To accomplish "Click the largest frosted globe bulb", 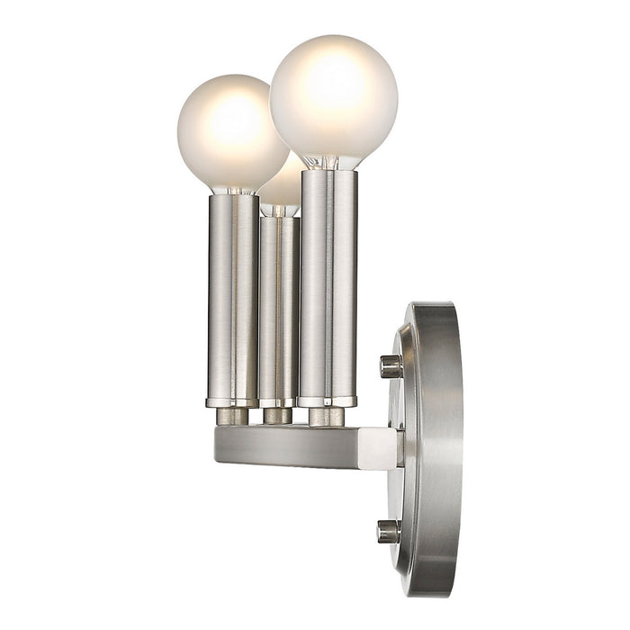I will click(x=333, y=99).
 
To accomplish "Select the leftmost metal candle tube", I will click(x=233, y=297).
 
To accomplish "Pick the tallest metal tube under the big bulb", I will click(x=328, y=283).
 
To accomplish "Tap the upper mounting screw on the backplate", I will click(x=391, y=365).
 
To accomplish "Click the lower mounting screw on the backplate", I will click(x=389, y=531).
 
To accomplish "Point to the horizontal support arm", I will click(x=288, y=445).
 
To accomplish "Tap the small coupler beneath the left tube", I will click(x=233, y=416).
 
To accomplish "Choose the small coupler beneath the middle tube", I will click(x=278, y=416).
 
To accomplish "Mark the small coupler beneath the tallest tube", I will click(x=327, y=416).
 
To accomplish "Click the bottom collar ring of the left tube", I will click(x=233, y=402).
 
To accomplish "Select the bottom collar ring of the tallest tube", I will click(x=328, y=401).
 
